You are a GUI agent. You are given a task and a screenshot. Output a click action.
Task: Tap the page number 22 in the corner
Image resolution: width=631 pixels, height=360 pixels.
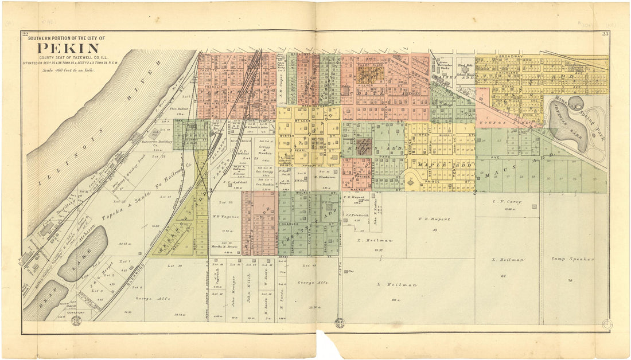(25, 35)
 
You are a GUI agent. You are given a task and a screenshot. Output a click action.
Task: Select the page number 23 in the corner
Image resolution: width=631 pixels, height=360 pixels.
(605, 35)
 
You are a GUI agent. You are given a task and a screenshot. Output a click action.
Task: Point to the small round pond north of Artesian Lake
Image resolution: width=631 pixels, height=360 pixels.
(575, 104)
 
